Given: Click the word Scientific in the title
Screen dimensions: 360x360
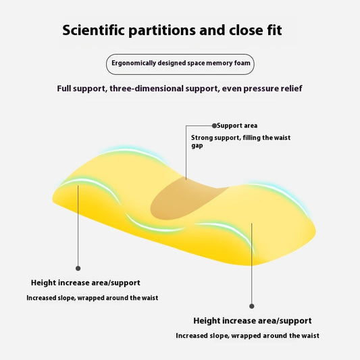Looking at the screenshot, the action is [x=93, y=30].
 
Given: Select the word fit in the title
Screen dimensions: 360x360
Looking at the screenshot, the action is [x=274, y=30].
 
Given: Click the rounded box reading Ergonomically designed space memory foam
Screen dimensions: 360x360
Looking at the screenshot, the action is [x=180, y=64].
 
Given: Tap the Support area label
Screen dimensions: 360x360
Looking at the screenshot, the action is [x=237, y=126].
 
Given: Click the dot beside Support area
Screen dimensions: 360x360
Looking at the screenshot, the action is [x=214, y=126].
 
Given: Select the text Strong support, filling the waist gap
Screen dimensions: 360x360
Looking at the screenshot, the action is [x=240, y=141].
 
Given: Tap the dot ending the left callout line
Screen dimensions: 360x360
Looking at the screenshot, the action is [x=78, y=268].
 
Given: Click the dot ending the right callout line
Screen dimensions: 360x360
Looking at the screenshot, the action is [x=252, y=306].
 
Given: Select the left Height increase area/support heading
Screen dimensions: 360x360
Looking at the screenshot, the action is [x=85, y=282].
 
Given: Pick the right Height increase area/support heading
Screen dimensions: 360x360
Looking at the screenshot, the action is [x=253, y=321].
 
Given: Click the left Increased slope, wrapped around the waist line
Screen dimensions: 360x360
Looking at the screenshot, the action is [x=93, y=298].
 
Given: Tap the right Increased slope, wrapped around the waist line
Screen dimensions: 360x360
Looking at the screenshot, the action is [x=247, y=336].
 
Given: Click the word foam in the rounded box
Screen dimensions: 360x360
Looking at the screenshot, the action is [x=242, y=63].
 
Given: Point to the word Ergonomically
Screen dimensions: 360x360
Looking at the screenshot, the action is [x=134, y=63].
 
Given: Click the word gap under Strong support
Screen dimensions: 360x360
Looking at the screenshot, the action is [x=197, y=146].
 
